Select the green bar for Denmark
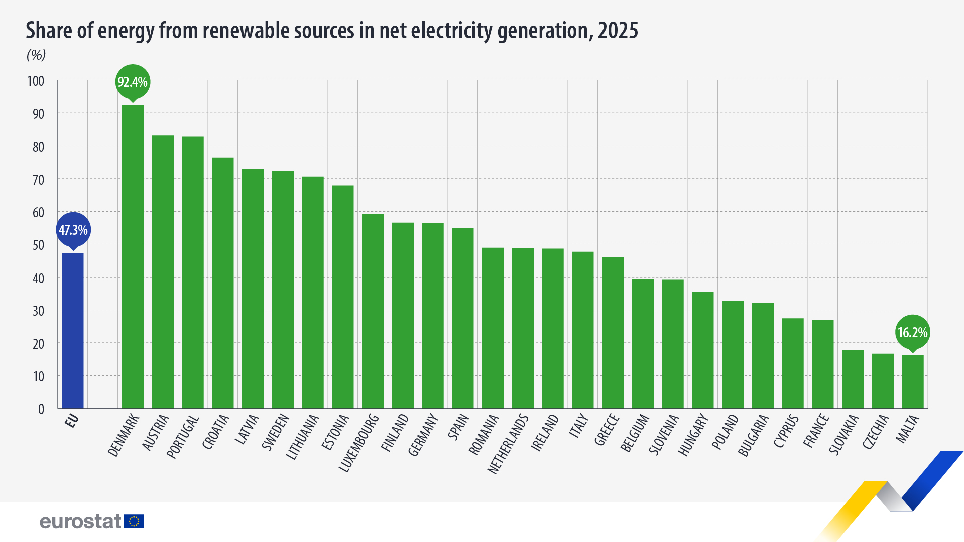click(x=133, y=256)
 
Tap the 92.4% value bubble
click(x=133, y=82)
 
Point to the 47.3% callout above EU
click(x=73, y=230)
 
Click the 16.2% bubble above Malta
click(x=912, y=332)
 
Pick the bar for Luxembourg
click(x=373, y=311)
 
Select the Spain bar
click(x=462, y=318)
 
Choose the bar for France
click(x=822, y=364)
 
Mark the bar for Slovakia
click(x=853, y=379)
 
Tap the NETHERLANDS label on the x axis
click(x=509, y=444)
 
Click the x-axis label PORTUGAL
click(x=183, y=437)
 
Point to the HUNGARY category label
click(x=694, y=435)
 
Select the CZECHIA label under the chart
click(x=876, y=432)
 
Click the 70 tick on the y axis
click(x=38, y=180)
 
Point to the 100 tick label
click(x=36, y=81)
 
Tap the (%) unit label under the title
click(x=36, y=55)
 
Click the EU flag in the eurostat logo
click(x=134, y=521)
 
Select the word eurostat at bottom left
click(x=80, y=522)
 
